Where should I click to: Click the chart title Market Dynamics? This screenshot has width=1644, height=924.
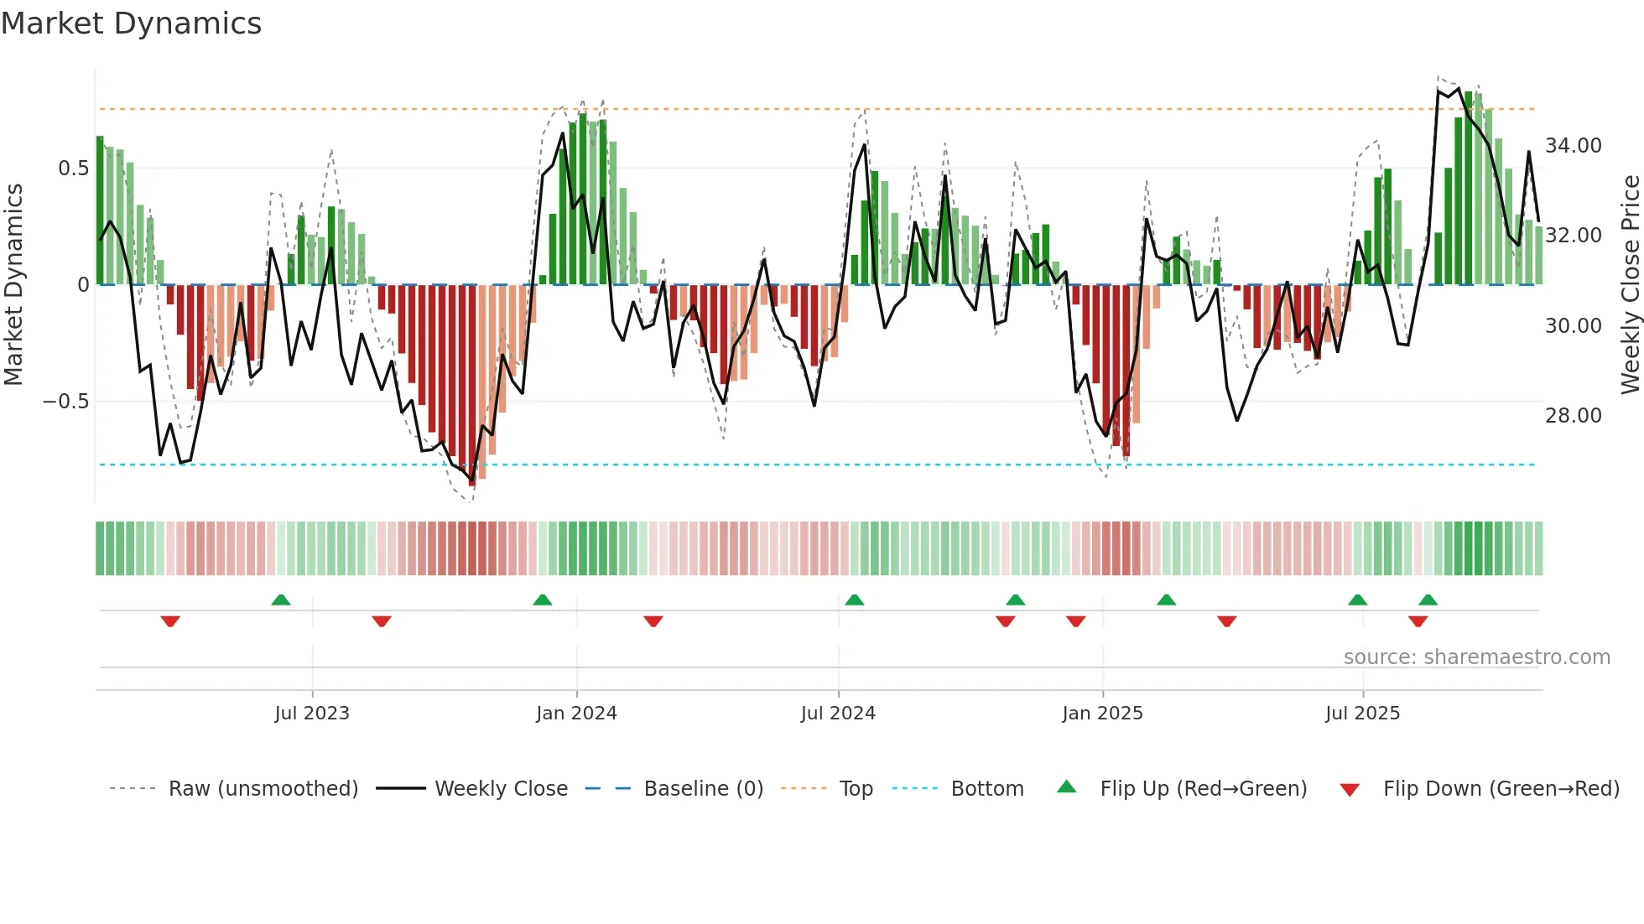click(131, 23)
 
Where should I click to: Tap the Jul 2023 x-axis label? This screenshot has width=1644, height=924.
click(312, 714)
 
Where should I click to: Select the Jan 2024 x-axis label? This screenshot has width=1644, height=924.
click(576, 714)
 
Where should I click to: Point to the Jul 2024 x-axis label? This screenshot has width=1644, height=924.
click(838, 714)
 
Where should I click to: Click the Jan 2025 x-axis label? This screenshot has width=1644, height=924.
click(1102, 714)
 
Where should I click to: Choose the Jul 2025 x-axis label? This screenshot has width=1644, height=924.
click(1363, 714)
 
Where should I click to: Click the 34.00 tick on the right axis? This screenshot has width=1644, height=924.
click(1574, 146)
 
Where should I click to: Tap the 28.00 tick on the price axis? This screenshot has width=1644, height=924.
click(1574, 416)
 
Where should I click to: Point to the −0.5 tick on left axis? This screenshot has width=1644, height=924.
click(65, 402)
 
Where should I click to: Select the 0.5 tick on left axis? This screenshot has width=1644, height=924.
click(73, 169)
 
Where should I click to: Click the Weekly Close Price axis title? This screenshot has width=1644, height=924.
click(1630, 285)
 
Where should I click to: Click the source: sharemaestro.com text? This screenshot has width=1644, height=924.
click(1476, 657)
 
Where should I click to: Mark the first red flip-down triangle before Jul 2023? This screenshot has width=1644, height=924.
click(170, 621)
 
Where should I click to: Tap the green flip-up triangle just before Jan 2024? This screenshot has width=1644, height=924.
click(543, 600)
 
